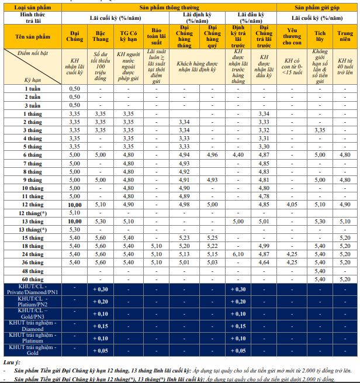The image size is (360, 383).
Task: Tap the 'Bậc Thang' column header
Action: pyautogui.click(x=100, y=36)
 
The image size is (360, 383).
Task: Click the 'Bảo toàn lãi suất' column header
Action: pyautogui.click(x=155, y=36)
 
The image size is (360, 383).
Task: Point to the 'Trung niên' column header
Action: pyautogui.click(x=345, y=36)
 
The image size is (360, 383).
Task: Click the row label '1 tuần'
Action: pyautogui.click(x=33, y=88)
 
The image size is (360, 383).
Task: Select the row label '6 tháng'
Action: pyautogui.click(x=33, y=154)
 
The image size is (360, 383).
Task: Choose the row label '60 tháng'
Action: pyautogui.click(x=33, y=280)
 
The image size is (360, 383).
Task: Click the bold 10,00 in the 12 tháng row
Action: pyautogui.click(x=74, y=205)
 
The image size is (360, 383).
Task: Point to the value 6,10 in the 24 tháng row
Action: pyautogui.click(x=238, y=254)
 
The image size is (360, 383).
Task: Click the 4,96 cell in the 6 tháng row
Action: pyautogui.click(x=212, y=154)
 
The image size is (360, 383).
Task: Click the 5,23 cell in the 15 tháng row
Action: pyautogui.click(x=184, y=238)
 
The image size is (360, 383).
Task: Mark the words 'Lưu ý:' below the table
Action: pyautogui.click(x=12, y=362)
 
